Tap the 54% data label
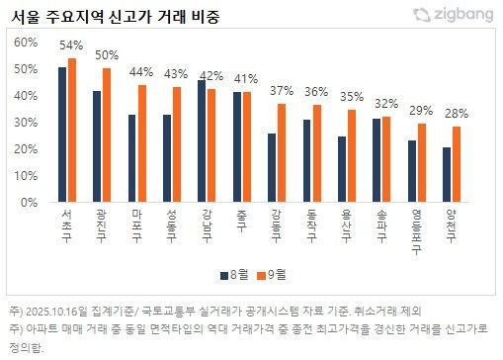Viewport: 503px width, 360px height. click(71, 45)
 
